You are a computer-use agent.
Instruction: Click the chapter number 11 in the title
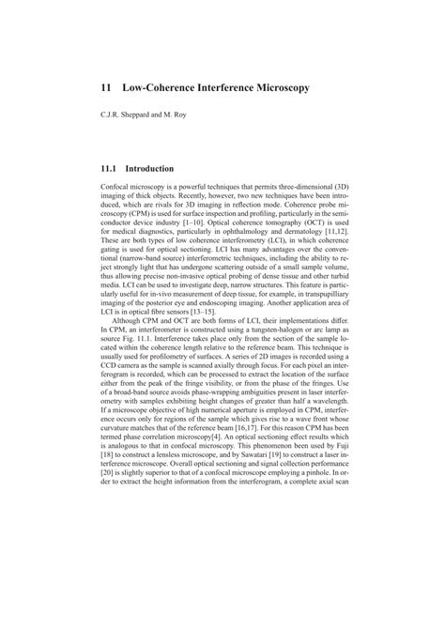(106, 86)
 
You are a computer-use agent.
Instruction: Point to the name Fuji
(334, 518)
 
